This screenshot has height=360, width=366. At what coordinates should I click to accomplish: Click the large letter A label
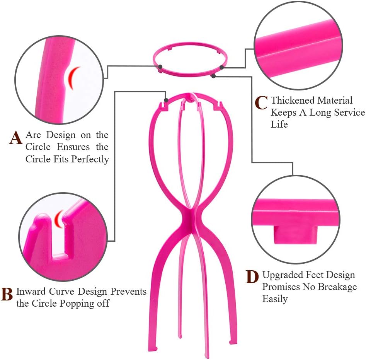pyautogui.click(x=15, y=138)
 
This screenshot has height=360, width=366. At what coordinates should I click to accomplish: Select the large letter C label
pyautogui.click(x=261, y=102)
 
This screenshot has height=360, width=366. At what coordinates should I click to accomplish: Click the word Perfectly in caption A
pyautogui.click(x=90, y=159)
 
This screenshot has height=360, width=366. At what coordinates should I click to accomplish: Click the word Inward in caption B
pyautogui.click(x=31, y=291)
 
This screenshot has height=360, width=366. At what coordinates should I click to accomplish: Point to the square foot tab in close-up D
pyautogui.click(x=295, y=234)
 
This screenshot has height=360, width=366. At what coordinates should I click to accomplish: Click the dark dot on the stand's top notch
pyautogui.click(x=166, y=100)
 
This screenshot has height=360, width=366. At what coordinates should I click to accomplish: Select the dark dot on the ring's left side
pyautogui.click(x=160, y=67)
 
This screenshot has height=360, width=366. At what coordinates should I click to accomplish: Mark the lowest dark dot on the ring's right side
pyautogui.click(x=213, y=76)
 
